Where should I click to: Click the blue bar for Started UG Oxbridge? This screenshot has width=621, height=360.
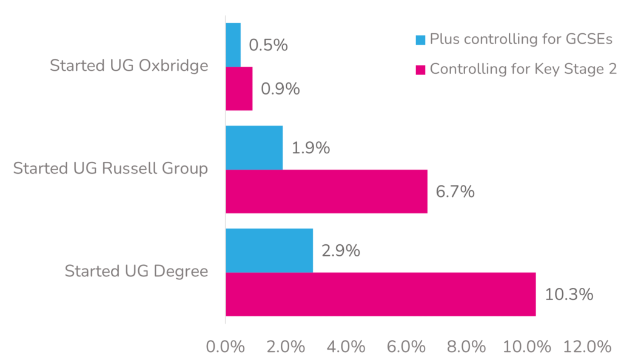(x=233, y=45)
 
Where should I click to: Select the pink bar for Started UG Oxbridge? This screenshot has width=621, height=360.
(x=239, y=88)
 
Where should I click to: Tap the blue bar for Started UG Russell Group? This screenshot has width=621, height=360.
(x=254, y=148)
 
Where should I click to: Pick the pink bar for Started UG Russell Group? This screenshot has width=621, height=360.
(x=326, y=192)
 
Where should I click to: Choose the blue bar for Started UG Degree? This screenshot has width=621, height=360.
(x=269, y=250)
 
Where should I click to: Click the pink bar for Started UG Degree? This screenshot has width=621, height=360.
(x=380, y=294)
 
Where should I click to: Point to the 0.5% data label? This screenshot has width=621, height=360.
(x=268, y=45)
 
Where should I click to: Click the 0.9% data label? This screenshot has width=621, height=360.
(x=280, y=89)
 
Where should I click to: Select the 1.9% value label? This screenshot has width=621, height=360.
(x=310, y=148)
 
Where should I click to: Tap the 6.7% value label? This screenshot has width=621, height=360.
(x=455, y=192)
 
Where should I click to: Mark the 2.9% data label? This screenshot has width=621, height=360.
(x=341, y=251)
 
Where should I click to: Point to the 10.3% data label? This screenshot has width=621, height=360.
(x=568, y=295)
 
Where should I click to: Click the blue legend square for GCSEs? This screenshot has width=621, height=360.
(x=420, y=41)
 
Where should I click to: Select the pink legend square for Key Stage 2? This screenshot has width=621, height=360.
(x=420, y=70)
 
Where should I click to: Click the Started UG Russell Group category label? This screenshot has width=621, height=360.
(x=110, y=168)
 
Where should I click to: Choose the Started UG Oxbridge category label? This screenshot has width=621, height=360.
(x=129, y=65)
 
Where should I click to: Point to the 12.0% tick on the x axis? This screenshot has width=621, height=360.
(x=586, y=347)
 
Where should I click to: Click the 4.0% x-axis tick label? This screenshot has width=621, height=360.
(x=346, y=347)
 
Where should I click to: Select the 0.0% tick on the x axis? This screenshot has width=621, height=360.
(x=226, y=347)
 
